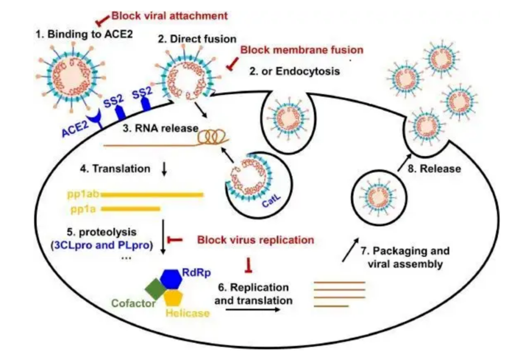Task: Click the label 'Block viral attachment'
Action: click(x=169, y=16)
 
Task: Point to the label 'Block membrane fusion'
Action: click(x=302, y=49)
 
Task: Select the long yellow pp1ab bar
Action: click(x=152, y=195)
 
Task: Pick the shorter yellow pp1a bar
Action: click(x=131, y=209)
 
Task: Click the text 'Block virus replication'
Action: click(x=255, y=239)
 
